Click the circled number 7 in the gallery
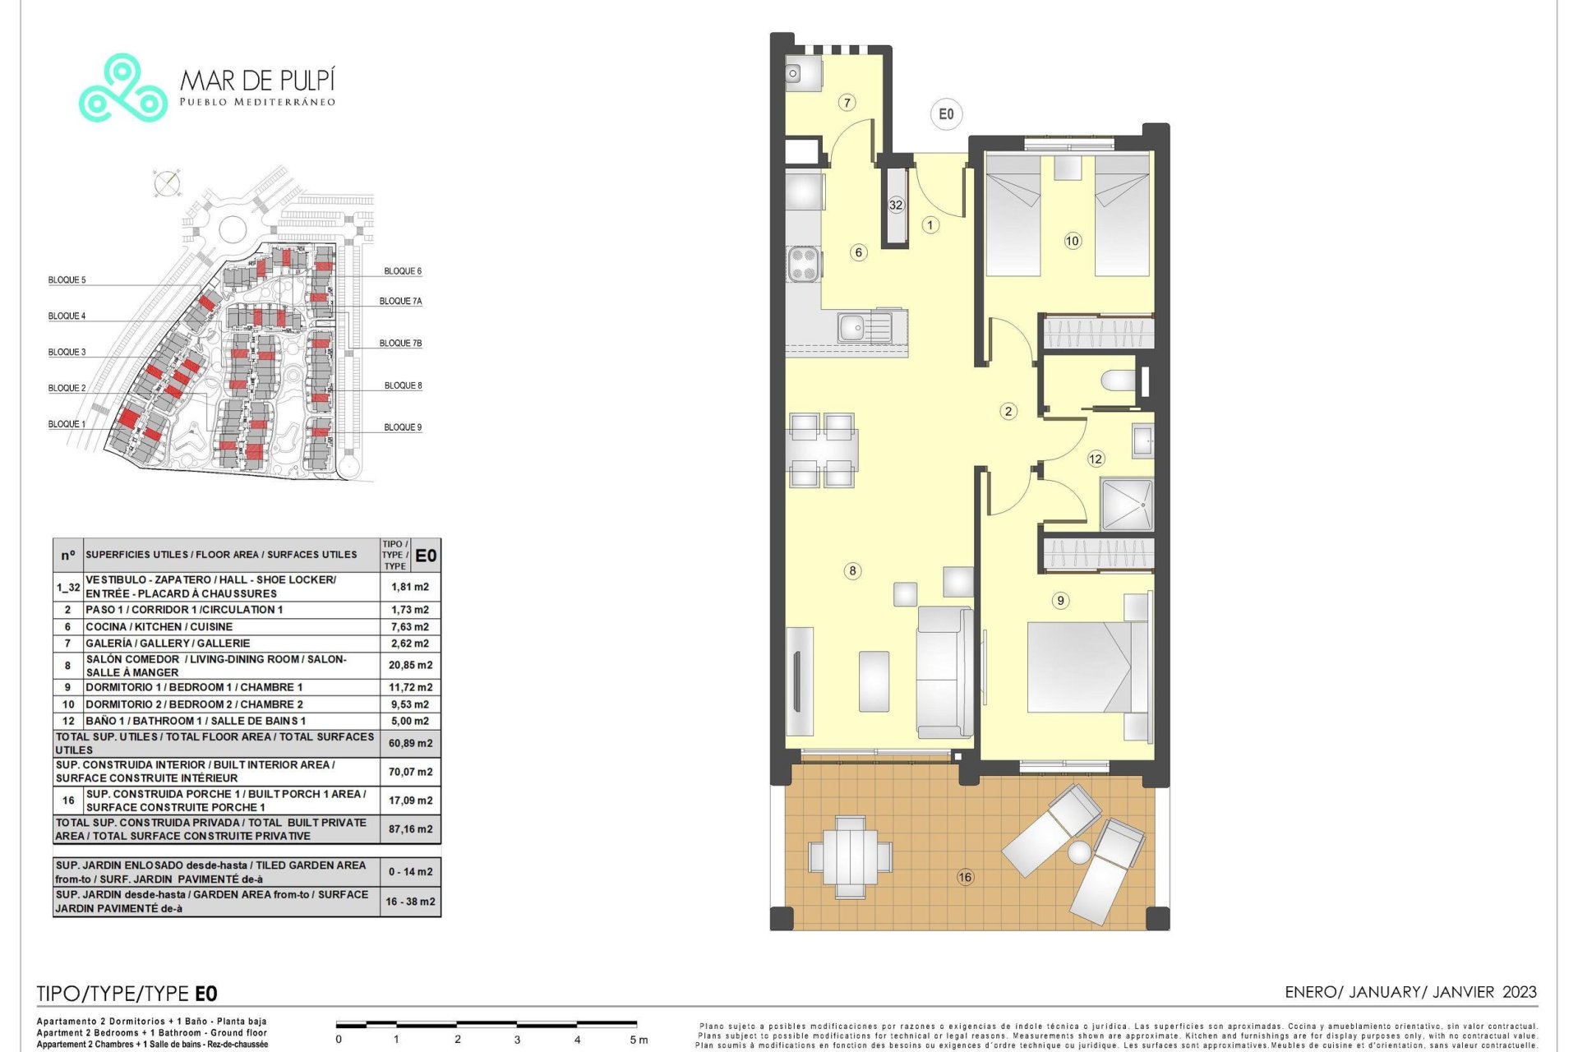click(847, 103)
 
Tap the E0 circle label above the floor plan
click(946, 114)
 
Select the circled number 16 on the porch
click(965, 877)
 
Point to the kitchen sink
click(865, 326)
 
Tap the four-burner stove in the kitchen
click(804, 264)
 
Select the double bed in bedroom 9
click(1087, 667)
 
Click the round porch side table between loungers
click(1079, 852)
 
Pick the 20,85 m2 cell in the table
click(410, 665)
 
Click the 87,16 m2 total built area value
click(410, 829)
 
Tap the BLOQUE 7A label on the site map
click(400, 302)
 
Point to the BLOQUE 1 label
click(67, 424)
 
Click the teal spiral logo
click(123, 89)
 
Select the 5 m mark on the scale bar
click(639, 1040)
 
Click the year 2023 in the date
click(1519, 992)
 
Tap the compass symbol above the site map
click(167, 183)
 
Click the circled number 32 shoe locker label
click(896, 205)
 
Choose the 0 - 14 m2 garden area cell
click(410, 872)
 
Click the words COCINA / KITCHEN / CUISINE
click(159, 626)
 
